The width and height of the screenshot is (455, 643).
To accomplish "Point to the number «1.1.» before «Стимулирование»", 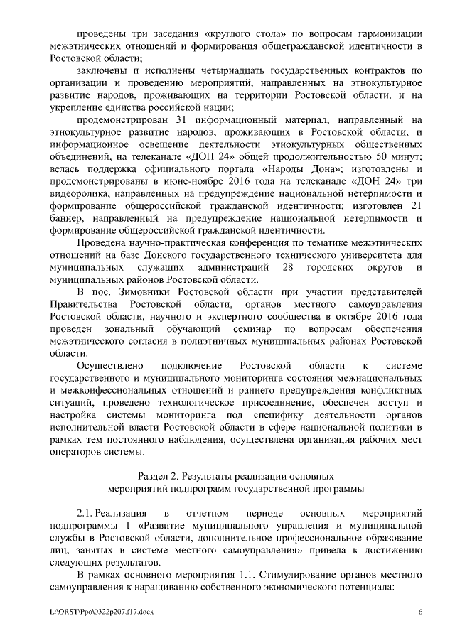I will (x=234, y=574).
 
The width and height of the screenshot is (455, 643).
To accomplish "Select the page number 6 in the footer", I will (x=419, y=611).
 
